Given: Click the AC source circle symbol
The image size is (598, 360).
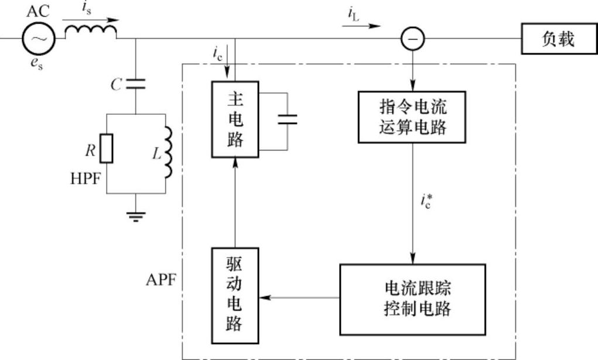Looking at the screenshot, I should (x=39, y=39).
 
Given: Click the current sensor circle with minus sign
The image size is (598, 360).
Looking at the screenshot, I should (x=412, y=39).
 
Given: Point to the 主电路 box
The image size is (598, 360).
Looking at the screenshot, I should (x=234, y=118).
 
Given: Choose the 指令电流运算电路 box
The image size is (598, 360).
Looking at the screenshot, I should (x=412, y=117).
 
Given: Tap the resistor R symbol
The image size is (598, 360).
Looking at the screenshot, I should (x=107, y=148).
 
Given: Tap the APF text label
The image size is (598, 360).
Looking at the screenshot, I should (x=160, y=276).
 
